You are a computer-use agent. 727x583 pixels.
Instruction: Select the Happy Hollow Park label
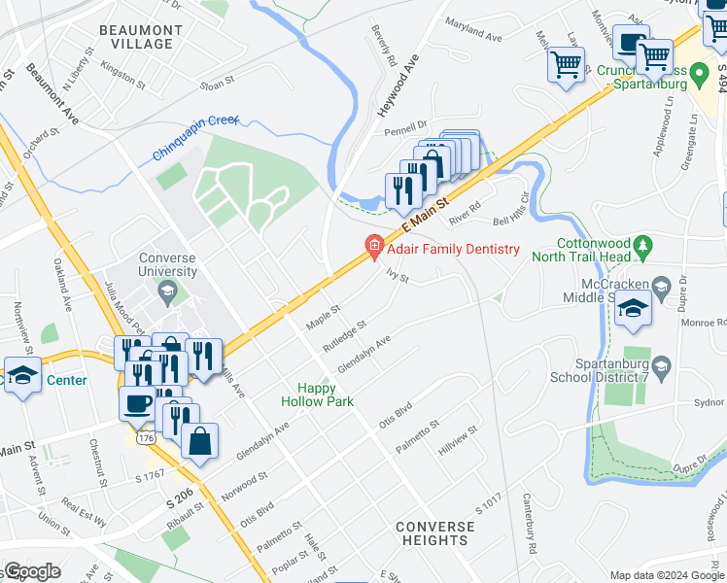pyautogui.click(x=317, y=394)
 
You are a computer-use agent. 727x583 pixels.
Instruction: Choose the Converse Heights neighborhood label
pyautogui.click(x=435, y=533)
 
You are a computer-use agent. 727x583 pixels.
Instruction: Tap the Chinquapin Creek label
pyautogui.click(x=194, y=136)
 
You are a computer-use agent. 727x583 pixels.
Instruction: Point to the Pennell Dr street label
pyautogui.click(x=405, y=125)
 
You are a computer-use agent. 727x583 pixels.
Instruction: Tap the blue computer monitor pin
pyautogui.click(x=630, y=44)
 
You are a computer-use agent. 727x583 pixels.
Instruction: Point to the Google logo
pyautogui.click(x=31, y=571)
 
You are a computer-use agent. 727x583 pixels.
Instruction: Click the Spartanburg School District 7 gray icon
pyautogui.click(x=661, y=365)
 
